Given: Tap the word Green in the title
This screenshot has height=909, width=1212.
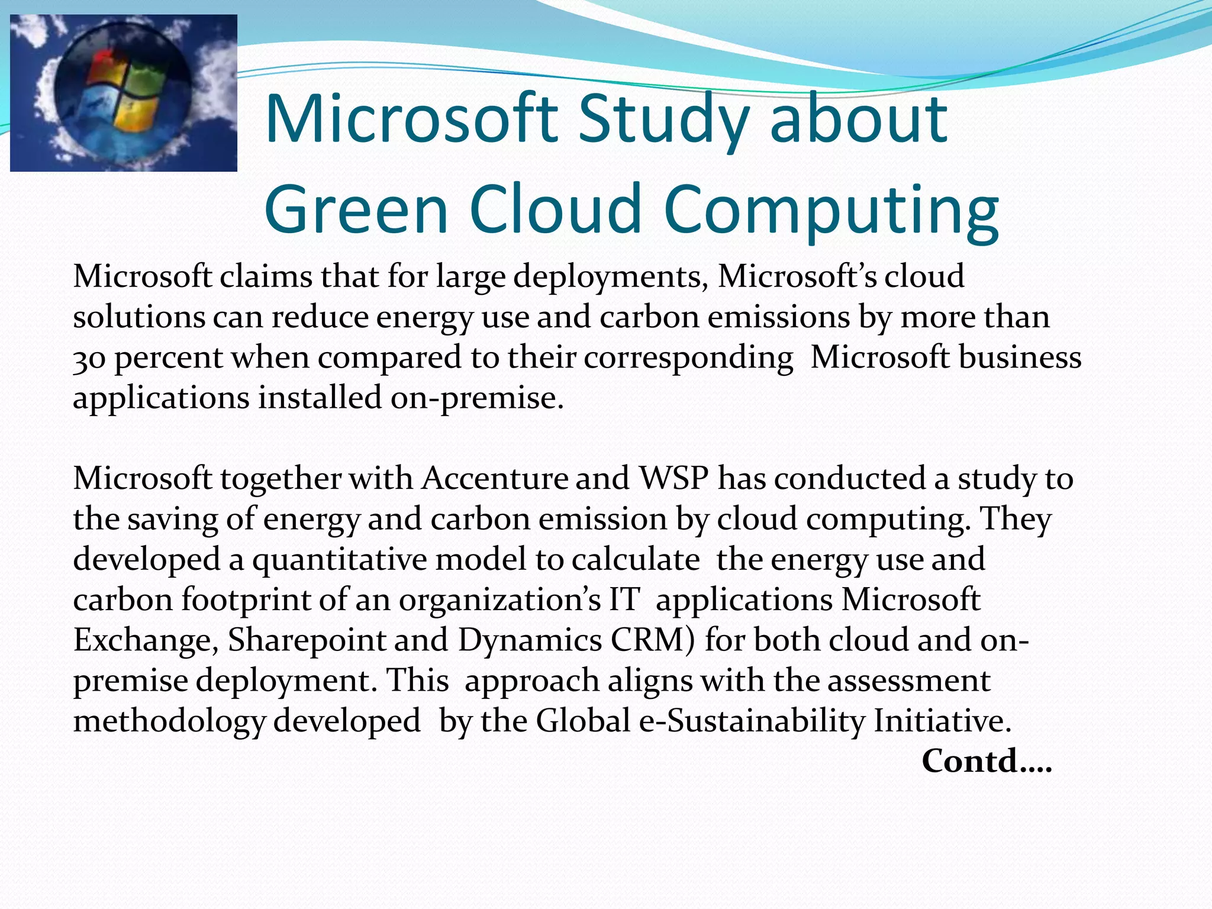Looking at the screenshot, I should (356, 209).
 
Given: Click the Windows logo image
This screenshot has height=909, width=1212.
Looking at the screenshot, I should (124, 93).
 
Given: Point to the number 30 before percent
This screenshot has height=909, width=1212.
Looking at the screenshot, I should (89, 359).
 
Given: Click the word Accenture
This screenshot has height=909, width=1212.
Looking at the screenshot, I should (495, 478).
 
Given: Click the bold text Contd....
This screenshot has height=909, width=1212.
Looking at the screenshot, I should (986, 761).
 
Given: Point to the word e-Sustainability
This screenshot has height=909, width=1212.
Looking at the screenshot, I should (752, 721).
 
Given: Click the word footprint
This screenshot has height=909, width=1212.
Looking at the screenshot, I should (246, 600).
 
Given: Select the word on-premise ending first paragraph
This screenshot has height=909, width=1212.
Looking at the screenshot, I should (476, 398).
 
